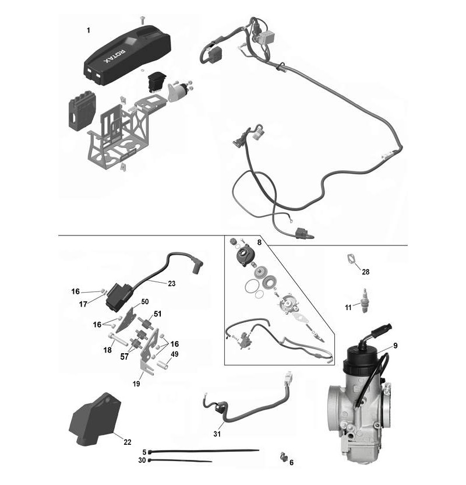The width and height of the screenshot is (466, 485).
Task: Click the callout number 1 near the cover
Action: coord(88,30)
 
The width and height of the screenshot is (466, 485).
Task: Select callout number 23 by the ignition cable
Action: coord(171,284)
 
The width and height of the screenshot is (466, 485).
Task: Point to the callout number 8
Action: coord(259,241)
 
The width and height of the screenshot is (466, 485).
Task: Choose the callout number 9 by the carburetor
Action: coord(395,346)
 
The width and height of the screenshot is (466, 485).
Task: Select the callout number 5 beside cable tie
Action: coord(144,452)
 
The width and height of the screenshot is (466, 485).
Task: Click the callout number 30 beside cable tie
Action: coord(142,461)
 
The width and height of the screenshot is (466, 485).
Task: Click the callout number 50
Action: coord(145,301)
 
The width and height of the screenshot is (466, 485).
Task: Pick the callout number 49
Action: coord(174,354)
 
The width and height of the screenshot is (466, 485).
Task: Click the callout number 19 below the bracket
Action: coord(136,384)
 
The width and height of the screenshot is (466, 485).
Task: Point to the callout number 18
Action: coord(108,350)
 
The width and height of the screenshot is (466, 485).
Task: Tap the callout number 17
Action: coord(84,304)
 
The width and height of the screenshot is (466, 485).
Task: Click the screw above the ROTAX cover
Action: coord(143,20)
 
